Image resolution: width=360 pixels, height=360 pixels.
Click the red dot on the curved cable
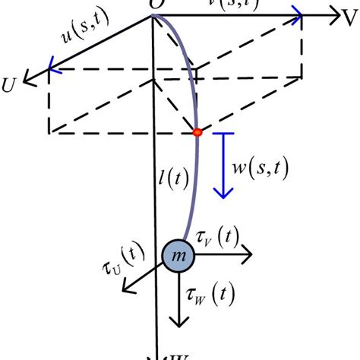click(197, 133)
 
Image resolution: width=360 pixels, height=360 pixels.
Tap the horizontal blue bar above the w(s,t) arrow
click(223, 134)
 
